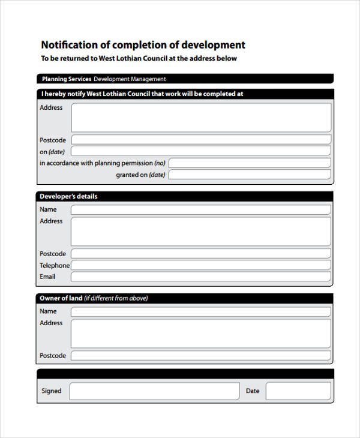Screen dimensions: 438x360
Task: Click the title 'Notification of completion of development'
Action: (x=143, y=45)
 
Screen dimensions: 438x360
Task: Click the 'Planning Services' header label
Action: (x=67, y=79)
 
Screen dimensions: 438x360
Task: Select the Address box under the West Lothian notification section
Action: (x=201, y=117)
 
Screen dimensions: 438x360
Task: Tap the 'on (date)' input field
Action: (x=201, y=151)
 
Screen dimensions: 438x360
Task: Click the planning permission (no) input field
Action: (x=249, y=163)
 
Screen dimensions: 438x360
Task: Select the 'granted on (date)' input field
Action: (x=249, y=175)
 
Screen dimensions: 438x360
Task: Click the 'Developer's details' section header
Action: (x=68, y=196)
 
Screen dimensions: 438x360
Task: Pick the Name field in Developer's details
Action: (x=201, y=209)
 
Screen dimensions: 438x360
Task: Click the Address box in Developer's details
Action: (x=201, y=232)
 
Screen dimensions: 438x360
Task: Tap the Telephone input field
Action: (x=201, y=265)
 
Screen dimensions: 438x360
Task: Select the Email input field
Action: (x=201, y=277)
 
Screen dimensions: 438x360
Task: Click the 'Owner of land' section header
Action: (x=94, y=298)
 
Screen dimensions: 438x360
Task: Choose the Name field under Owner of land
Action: (x=201, y=311)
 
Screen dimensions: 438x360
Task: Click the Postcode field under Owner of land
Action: (x=201, y=356)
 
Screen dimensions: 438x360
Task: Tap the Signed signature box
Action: (x=154, y=391)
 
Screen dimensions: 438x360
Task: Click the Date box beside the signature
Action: (x=298, y=391)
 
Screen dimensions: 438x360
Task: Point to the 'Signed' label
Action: (x=52, y=391)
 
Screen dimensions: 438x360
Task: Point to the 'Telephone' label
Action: (x=55, y=265)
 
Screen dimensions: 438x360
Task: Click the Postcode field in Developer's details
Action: (x=201, y=254)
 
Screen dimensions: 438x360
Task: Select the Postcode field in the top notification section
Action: (x=201, y=140)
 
